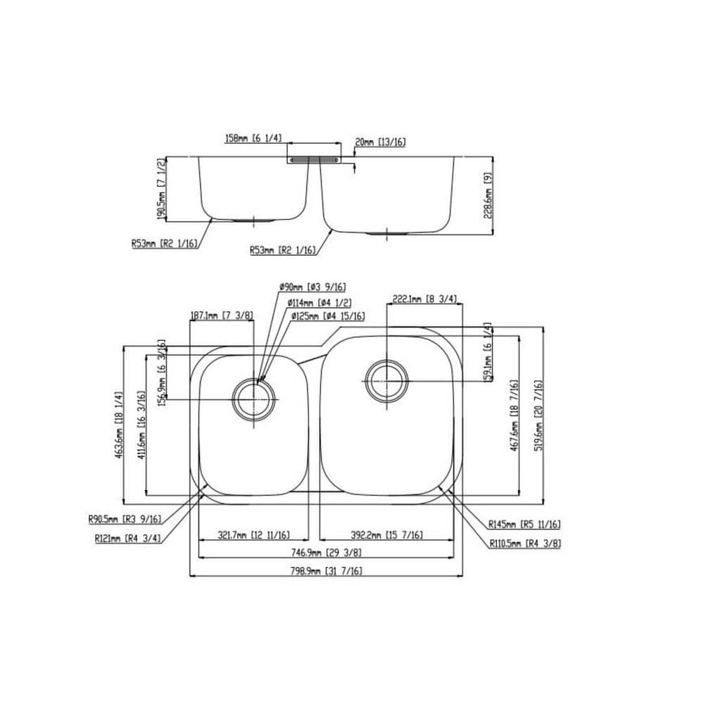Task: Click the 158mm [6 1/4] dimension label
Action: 253,139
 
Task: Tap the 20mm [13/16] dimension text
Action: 381,142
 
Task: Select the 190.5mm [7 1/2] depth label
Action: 161,188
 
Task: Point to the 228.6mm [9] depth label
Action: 487,199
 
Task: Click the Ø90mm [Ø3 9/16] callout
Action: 312,287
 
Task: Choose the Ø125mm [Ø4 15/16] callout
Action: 328,317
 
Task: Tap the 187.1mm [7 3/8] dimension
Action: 222,316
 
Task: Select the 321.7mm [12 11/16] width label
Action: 254,535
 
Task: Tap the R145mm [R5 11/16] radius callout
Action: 524,524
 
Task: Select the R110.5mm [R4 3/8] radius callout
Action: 525,543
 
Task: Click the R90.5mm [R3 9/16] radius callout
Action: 125,520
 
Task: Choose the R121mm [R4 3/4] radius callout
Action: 127,539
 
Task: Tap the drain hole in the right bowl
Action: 385,381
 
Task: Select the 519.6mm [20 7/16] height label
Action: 538,416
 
